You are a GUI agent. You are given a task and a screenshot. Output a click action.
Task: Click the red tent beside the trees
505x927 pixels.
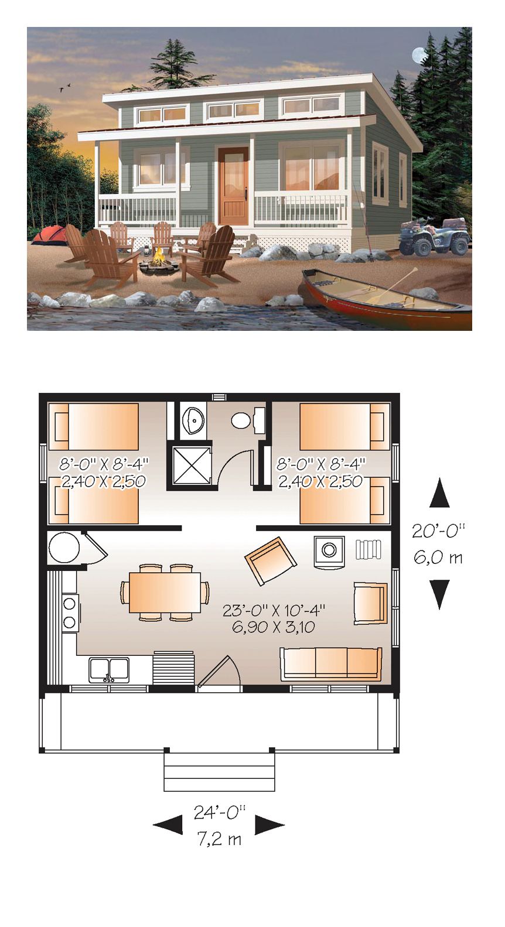49,235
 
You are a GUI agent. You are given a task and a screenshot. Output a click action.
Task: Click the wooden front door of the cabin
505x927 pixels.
234,186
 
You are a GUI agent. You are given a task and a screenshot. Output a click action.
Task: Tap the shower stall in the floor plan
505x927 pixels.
190,465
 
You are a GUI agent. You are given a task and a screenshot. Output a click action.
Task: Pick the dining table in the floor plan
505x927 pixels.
165,592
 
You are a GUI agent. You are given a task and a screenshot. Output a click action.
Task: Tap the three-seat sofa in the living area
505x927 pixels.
331,664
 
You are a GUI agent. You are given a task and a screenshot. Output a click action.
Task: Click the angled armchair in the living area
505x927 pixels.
271,561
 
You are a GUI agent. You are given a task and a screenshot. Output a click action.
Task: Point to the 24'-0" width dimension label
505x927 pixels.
220,813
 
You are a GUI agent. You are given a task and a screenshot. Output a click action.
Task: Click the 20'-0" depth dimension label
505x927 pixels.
439,531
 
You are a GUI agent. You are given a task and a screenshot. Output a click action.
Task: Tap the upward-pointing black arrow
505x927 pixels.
439,492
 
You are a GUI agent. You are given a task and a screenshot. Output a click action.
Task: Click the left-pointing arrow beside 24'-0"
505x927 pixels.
168,825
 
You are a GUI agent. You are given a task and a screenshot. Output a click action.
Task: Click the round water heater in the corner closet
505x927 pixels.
64,548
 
